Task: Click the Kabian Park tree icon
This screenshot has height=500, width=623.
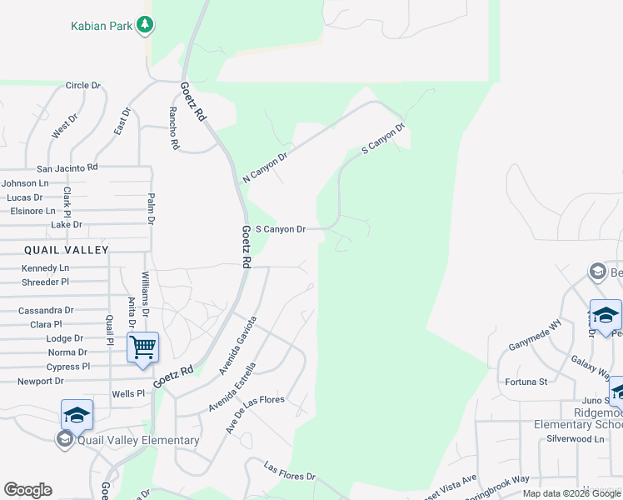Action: (146, 25)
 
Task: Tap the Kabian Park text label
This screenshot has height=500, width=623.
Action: (101, 26)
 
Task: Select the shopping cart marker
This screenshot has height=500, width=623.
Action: (142, 346)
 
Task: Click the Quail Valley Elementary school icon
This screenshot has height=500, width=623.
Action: (77, 414)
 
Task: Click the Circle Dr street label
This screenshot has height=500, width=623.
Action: (82, 86)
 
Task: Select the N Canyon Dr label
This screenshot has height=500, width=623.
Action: (265, 167)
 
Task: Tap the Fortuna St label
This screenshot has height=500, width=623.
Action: (526, 382)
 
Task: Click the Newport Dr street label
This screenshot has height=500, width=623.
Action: (41, 382)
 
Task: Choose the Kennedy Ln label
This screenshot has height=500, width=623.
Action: (45, 268)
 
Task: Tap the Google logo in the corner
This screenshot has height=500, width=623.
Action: (27, 490)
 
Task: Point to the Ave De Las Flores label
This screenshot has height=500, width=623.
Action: (255, 413)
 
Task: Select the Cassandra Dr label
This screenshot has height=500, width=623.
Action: (46, 310)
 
